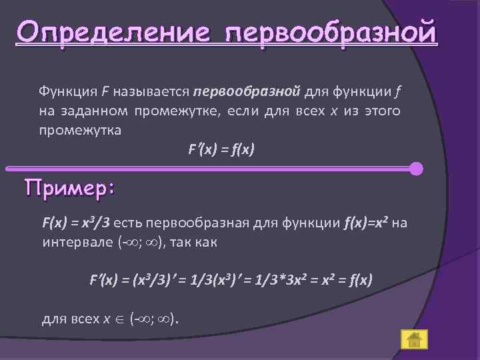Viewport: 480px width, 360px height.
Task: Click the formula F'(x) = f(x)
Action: [221, 151]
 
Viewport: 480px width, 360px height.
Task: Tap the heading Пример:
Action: [69, 189]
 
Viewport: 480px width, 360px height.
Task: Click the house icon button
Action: [413, 339]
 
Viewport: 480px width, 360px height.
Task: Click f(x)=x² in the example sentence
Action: [366, 223]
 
